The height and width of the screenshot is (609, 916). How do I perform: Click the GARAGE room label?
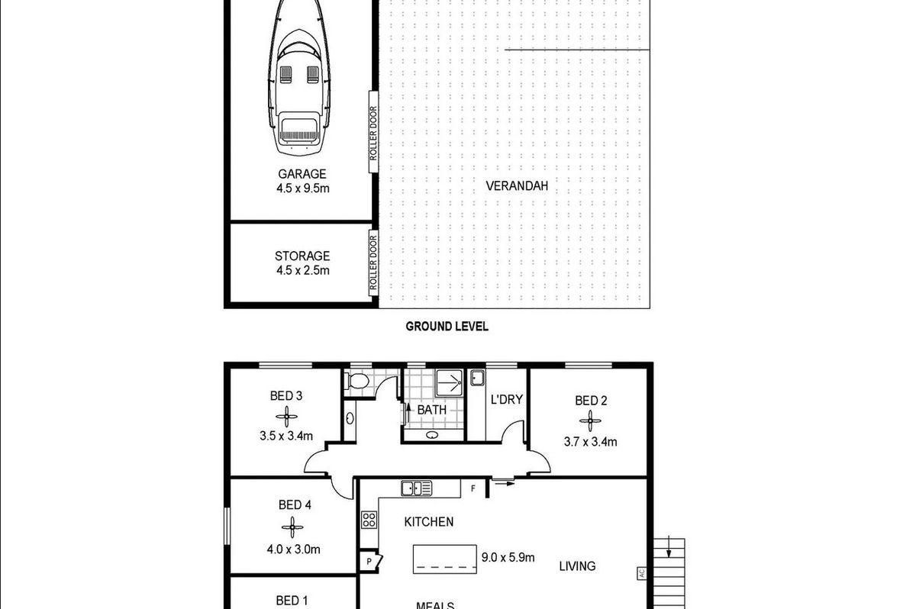pyautogui.click(x=302, y=174)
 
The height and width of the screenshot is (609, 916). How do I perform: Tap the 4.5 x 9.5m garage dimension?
pyautogui.click(x=302, y=188)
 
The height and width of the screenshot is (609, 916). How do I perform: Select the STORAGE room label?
pyautogui.click(x=302, y=256)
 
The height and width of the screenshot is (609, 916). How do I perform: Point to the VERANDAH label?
pyautogui.click(x=517, y=186)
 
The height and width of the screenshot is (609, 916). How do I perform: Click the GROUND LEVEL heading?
pyautogui.click(x=447, y=326)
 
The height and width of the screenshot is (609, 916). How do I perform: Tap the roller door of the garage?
pyautogui.click(x=373, y=131)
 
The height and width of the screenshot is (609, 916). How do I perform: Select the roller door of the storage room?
pyautogui.click(x=373, y=263)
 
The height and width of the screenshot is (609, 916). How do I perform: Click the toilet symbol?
pyautogui.click(x=357, y=381)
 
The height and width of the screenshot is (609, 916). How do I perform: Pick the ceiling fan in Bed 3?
pyautogui.click(x=286, y=417)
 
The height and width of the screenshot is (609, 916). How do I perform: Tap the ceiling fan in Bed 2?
pyautogui.click(x=590, y=420)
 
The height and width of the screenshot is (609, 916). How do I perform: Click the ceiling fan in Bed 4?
pyautogui.click(x=292, y=527)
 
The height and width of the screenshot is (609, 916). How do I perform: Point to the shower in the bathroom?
pyautogui.click(x=449, y=383)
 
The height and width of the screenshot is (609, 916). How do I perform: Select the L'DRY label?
pyautogui.click(x=507, y=399)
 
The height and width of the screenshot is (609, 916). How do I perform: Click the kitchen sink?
pyautogui.click(x=416, y=488)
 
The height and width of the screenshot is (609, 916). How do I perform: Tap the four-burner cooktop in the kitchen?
pyautogui.click(x=369, y=520)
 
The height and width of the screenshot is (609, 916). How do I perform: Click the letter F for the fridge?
pyautogui.click(x=473, y=488)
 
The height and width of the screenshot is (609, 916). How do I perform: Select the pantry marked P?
pyautogui.click(x=370, y=561)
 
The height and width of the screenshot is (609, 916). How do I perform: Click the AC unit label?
pyautogui.click(x=642, y=573)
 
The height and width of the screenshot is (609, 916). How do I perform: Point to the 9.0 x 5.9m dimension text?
pyautogui.click(x=508, y=558)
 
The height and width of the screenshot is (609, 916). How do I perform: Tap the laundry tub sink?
pyautogui.click(x=477, y=377)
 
